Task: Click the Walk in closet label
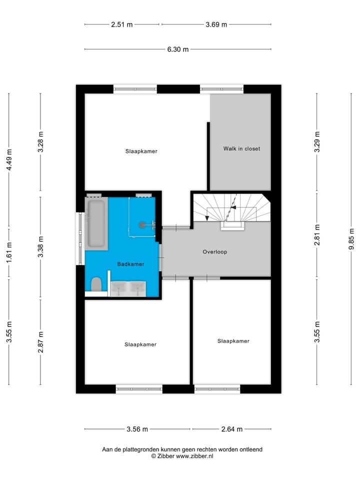pyautogui.click(x=241, y=148)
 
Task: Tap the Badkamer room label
pyautogui.click(x=131, y=264)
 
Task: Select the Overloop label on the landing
pyautogui.click(x=215, y=252)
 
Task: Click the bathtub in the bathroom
pyautogui.click(x=96, y=223)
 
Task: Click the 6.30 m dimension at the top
pyautogui.click(x=177, y=49)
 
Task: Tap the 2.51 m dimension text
pyautogui.click(x=122, y=24)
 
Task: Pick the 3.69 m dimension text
pyautogui.click(x=216, y=24)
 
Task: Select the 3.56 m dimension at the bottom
pyautogui.click(x=137, y=429)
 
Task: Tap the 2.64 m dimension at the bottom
pyautogui.click(x=232, y=429)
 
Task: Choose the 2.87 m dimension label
pyautogui.click(x=41, y=342)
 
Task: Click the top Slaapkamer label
pyautogui.click(x=141, y=151)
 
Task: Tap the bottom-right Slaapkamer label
pyautogui.click(x=233, y=341)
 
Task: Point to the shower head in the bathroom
pyautogui.click(x=143, y=225)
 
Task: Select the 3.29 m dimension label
pyautogui.click(x=317, y=141)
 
